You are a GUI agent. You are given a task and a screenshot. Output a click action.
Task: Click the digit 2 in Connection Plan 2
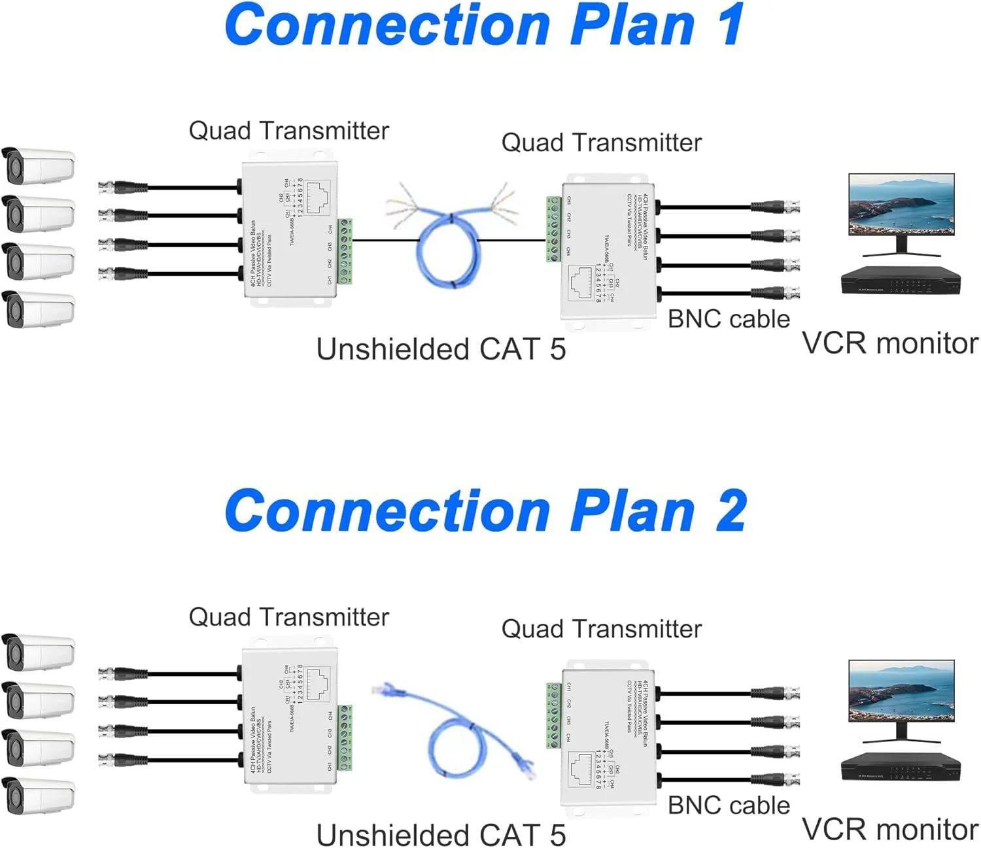click(x=730, y=511)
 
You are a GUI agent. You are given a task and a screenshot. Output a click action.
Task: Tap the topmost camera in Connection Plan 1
click(x=39, y=166)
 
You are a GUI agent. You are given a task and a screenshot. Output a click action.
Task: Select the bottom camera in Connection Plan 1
click(x=39, y=309)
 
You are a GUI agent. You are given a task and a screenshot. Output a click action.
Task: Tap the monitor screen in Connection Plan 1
click(x=901, y=204)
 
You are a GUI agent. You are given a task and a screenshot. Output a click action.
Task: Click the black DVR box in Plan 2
click(x=901, y=766)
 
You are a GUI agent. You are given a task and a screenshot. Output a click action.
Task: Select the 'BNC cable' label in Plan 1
click(x=729, y=319)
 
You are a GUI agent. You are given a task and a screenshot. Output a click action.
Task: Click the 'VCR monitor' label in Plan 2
click(x=889, y=829)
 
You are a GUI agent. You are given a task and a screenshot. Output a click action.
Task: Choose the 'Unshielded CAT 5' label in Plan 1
click(x=441, y=349)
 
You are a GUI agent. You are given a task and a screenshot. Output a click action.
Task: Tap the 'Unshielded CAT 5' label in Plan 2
click(x=441, y=835)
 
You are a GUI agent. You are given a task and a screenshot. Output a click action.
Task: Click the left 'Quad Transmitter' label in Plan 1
click(x=288, y=131)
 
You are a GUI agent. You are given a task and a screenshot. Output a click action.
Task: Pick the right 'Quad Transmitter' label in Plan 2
click(x=601, y=629)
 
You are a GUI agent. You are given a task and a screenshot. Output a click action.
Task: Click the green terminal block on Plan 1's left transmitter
click(x=345, y=252)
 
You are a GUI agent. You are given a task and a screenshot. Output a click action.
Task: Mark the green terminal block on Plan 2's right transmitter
click(x=554, y=715)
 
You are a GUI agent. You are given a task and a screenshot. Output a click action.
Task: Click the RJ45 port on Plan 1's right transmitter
click(x=580, y=282)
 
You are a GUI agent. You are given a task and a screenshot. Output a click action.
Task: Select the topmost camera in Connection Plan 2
click(x=39, y=652)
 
